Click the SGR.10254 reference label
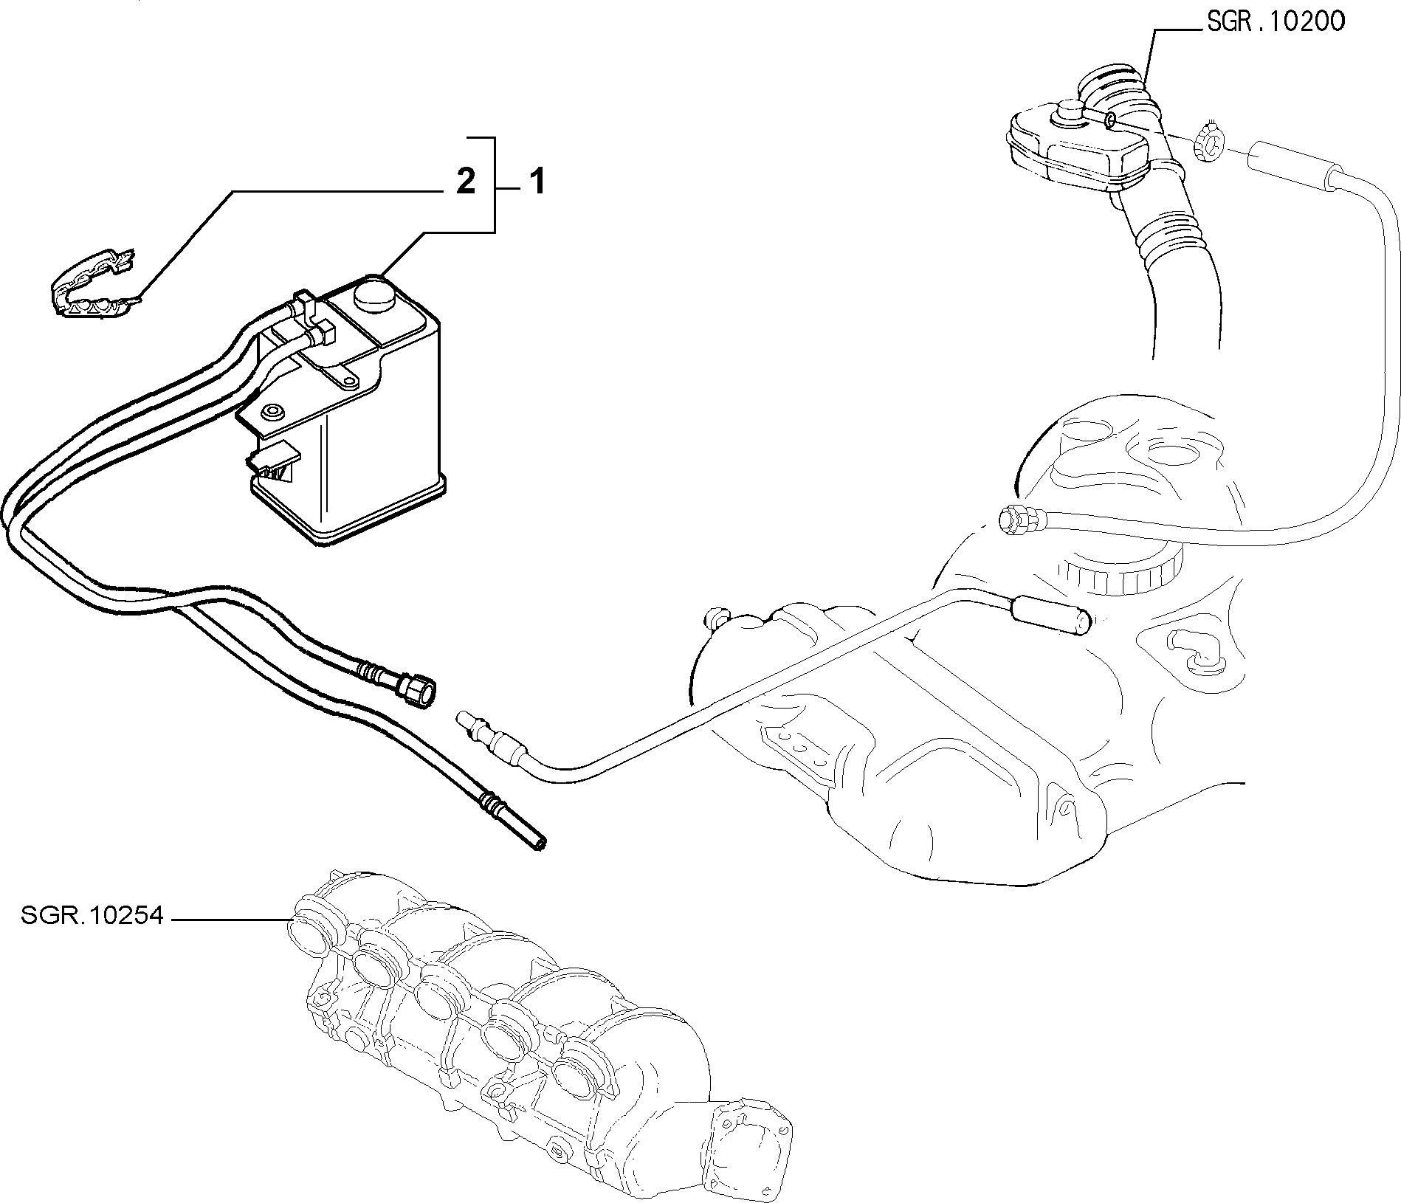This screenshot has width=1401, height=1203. coord(92,917)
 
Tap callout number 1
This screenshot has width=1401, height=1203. coord(537,182)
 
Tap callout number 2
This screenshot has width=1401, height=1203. coord(465,182)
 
